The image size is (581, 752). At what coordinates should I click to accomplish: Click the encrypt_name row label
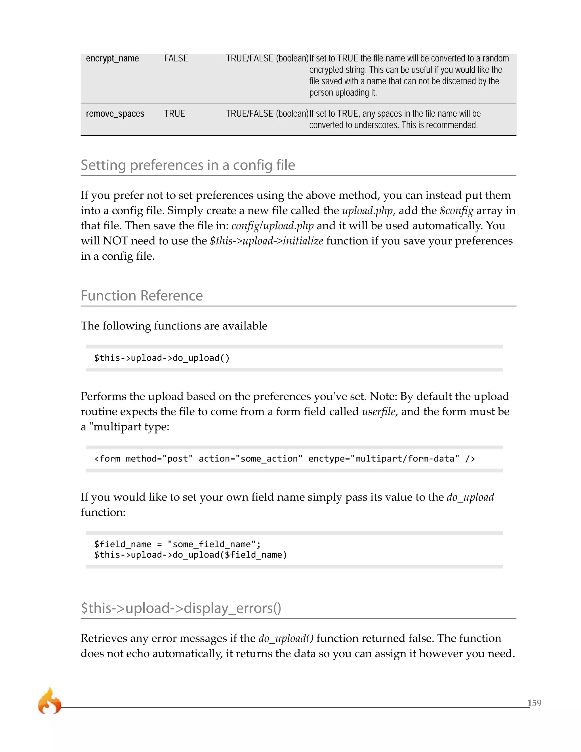(112, 58)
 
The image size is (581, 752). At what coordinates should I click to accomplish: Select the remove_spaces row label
(115, 114)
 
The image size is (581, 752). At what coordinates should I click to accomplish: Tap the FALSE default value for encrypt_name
(176, 58)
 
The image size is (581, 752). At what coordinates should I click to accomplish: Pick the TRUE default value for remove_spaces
(174, 114)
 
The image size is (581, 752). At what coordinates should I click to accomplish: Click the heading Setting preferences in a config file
(188, 165)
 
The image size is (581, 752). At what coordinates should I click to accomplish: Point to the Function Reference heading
(142, 295)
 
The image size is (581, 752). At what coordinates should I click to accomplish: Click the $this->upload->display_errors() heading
(181, 608)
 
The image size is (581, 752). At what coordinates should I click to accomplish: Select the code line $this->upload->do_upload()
(162, 358)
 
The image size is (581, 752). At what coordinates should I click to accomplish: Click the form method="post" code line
(284, 459)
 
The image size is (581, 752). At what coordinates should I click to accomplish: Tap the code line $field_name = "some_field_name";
(177, 544)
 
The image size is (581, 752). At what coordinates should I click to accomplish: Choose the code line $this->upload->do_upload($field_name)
(190, 555)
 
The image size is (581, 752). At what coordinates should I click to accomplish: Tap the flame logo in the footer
(49, 701)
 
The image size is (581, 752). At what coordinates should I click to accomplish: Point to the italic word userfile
(378, 411)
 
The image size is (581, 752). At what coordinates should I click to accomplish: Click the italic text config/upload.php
(272, 226)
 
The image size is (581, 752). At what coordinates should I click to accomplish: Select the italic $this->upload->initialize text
(266, 241)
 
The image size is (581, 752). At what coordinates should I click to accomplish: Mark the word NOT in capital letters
(115, 241)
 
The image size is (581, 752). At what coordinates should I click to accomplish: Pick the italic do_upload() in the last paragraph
(286, 638)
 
